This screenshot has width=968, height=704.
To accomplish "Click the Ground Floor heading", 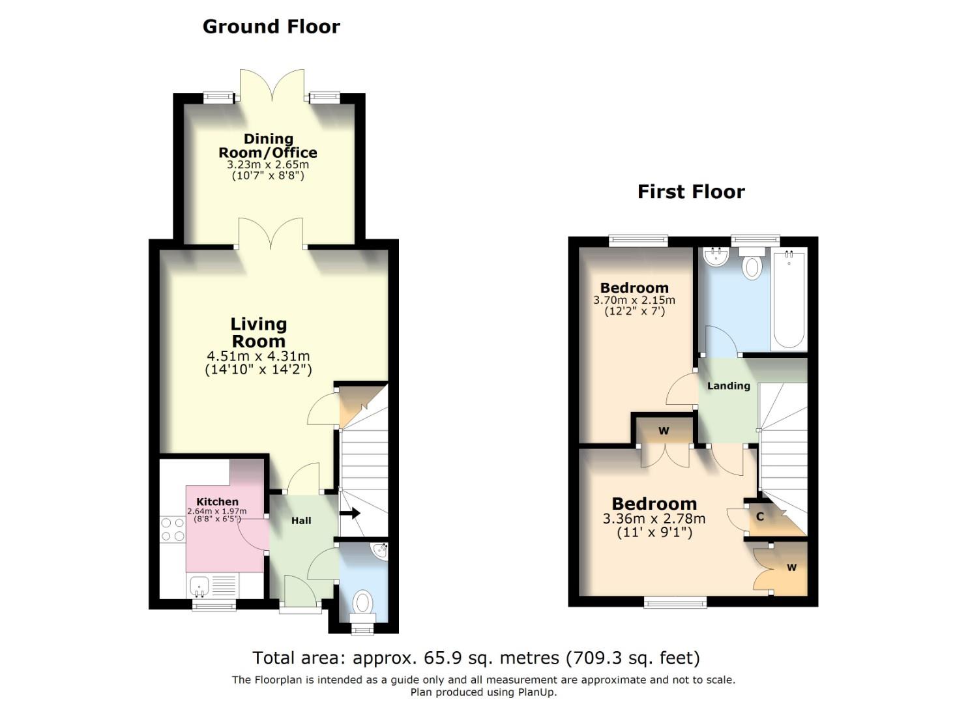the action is click(271, 27).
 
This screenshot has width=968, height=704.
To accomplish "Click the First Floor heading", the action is click(691, 192).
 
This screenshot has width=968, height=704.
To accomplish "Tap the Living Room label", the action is click(258, 332).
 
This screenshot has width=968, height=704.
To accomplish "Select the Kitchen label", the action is click(217, 502).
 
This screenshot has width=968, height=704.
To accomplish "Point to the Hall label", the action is click(301, 520).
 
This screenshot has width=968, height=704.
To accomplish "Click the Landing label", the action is click(729, 386).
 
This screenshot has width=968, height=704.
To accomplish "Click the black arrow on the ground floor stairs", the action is click(349, 514).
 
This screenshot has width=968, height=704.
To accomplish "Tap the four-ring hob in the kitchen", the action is click(173, 530).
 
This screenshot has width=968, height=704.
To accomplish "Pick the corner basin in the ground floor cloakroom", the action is click(381, 551).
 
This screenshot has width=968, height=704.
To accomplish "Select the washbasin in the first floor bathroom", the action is click(716, 257).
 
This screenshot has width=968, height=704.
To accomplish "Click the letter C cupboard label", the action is click(759, 516).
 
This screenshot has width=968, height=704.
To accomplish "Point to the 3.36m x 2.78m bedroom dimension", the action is click(654, 519).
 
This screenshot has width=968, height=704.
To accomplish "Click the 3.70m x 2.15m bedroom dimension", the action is click(634, 300).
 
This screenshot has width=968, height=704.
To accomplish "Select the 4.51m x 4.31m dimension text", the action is click(258, 357).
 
